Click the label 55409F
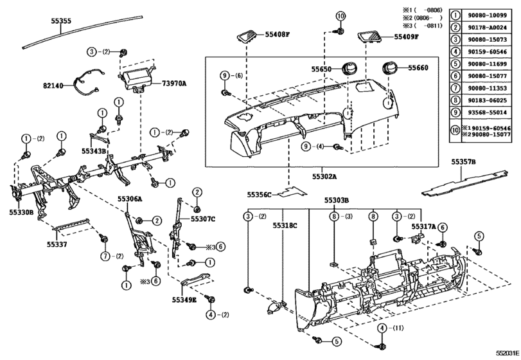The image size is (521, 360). tap(407, 37)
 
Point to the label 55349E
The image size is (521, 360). tap(184, 300)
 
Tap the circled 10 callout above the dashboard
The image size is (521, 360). tap(340, 15)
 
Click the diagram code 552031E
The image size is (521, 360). tap(506, 353)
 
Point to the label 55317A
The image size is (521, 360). tap(424, 226)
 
